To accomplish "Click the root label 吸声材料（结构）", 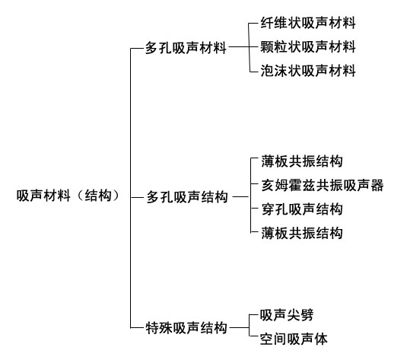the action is (x=68, y=196).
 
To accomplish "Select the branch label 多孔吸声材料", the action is (x=186, y=48).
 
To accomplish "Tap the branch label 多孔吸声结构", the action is (x=187, y=197).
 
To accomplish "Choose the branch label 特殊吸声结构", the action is (x=186, y=328).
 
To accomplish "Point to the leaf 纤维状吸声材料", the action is (x=308, y=23).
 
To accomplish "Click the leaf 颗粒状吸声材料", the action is (x=308, y=47).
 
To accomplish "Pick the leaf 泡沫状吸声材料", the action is (x=308, y=71).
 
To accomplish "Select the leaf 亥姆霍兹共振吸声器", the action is (x=323, y=185).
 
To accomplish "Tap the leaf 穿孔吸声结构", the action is (x=302, y=209).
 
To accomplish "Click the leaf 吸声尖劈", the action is (x=287, y=315).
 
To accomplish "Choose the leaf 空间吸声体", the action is (x=294, y=339).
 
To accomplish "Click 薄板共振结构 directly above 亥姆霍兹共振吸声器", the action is (x=302, y=161).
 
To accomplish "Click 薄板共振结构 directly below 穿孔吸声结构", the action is (x=302, y=233).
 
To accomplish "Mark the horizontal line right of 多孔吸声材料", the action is (x=239, y=47).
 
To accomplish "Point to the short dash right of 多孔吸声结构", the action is (x=240, y=197).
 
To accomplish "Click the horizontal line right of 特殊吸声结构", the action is (x=240, y=327).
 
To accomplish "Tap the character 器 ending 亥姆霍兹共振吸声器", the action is (x=377, y=185).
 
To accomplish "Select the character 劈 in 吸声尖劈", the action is (x=307, y=315).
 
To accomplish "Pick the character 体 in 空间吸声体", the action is (x=321, y=339).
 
